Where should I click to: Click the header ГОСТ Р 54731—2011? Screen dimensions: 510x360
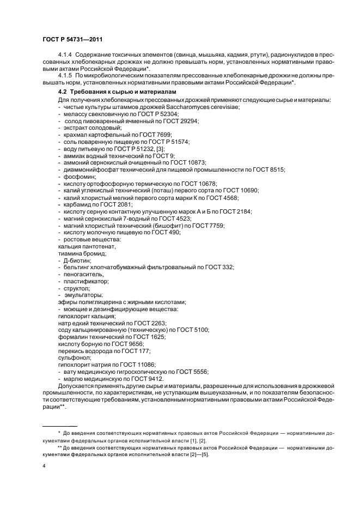pos(72,39)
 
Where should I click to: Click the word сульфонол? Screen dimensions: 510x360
pos(74,358)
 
